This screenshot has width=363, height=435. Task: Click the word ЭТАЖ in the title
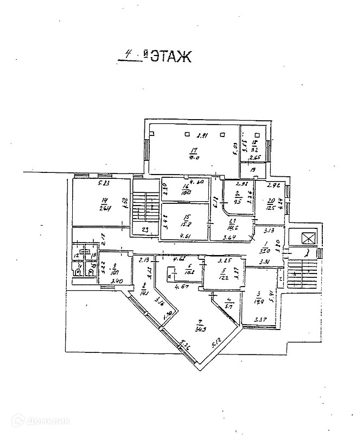pos(170,57)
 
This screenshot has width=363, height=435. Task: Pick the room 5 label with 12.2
pos(222,274)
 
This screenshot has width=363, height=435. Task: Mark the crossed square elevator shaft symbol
pos(308,239)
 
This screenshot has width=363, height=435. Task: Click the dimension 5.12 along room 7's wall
pos(215,344)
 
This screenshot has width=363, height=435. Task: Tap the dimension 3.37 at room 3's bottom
pos(260,319)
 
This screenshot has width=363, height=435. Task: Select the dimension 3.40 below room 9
pos(116,281)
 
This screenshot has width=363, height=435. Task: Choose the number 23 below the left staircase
pos(145,229)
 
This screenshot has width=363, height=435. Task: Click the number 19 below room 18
pos(253,170)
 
